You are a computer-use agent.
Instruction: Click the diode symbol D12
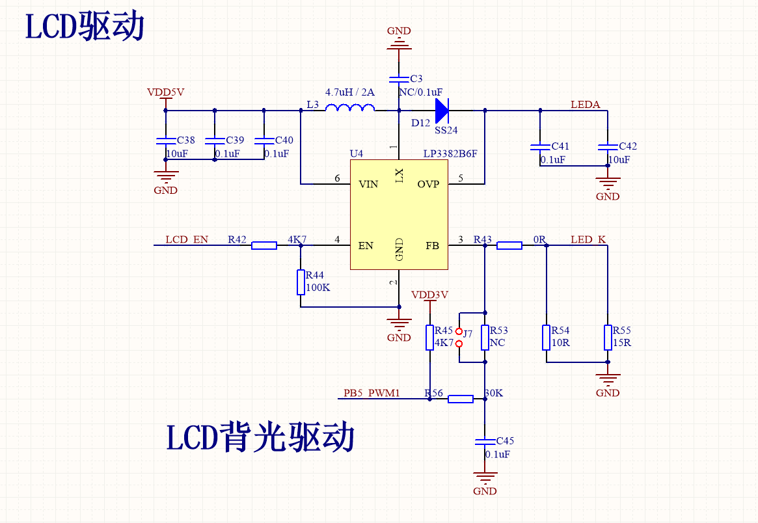click(x=442, y=110)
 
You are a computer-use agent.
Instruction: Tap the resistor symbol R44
click(x=301, y=282)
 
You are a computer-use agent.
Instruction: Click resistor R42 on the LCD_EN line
click(x=264, y=245)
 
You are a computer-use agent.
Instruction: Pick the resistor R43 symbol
click(x=509, y=245)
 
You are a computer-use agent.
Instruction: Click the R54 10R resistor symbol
click(x=547, y=338)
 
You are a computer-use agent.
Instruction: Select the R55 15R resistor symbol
click(x=607, y=338)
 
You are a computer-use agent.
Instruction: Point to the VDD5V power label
click(x=165, y=92)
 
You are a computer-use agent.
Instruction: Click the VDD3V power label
click(x=429, y=295)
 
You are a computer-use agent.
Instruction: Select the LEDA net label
click(x=585, y=104)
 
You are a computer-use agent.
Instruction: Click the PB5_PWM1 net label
click(x=372, y=394)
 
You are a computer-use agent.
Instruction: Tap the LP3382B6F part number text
click(x=450, y=154)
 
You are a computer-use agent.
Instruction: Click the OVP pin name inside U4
click(x=428, y=184)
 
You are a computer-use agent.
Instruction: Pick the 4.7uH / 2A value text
click(x=350, y=92)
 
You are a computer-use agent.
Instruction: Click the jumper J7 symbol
click(x=459, y=337)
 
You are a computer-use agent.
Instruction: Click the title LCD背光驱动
click(x=260, y=437)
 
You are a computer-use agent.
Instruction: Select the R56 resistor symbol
click(x=460, y=399)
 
